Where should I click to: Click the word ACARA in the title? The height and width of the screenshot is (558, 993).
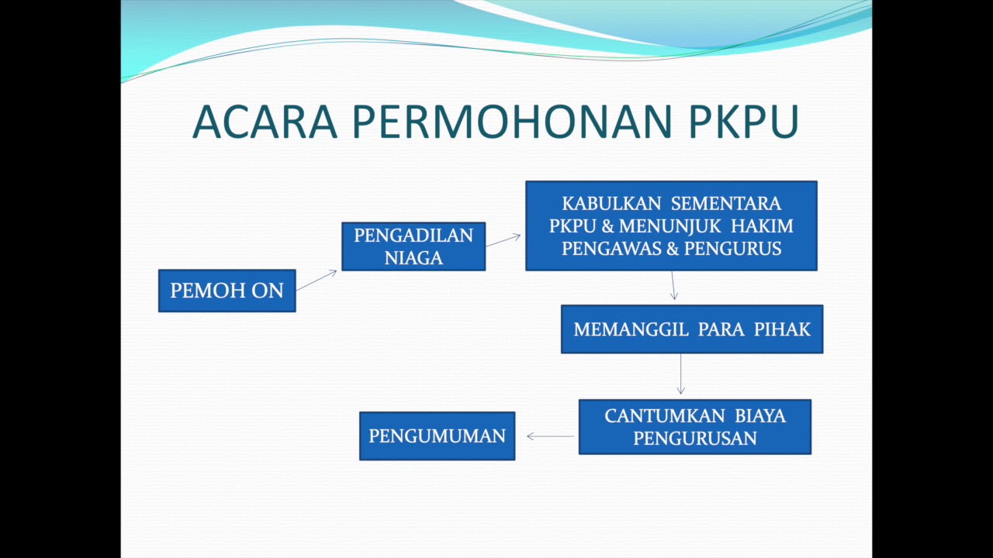265,122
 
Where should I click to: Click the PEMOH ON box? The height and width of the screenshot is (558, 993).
227,291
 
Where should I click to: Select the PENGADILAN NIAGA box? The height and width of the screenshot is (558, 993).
413,246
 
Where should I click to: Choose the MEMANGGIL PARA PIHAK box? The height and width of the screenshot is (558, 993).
691,329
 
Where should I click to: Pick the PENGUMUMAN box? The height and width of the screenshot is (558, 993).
437,436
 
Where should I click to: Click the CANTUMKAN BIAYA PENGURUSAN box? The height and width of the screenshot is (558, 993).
694,427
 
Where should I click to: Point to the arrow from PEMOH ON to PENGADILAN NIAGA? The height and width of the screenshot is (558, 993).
317,281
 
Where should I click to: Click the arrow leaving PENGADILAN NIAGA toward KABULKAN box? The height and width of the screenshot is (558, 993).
503,240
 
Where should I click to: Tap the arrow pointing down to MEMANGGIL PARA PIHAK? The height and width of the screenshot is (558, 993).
673,286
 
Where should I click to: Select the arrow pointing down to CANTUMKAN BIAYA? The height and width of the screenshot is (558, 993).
680,375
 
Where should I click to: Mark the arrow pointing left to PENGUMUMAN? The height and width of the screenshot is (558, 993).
550,436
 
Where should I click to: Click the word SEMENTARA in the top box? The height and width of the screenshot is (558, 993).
725,204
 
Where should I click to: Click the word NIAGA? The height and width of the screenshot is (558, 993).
413,258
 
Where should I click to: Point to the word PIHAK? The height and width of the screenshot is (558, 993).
782,329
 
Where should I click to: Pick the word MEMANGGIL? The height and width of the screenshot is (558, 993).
631,329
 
